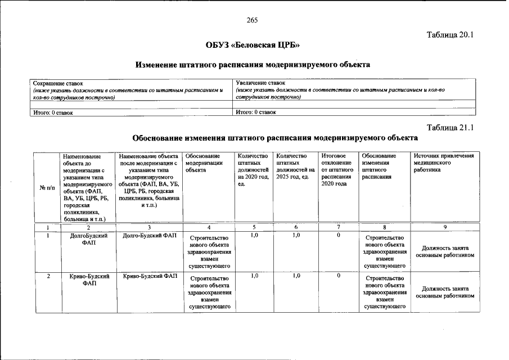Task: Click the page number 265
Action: tap(251, 20)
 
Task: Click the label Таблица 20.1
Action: tap(451, 34)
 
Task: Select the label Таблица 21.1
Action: tap(451, 127)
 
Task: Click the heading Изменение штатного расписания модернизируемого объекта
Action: tap(253, 65)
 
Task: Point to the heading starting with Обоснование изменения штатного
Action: tap(274, 137)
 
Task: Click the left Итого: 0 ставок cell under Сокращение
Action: tap(53, 112)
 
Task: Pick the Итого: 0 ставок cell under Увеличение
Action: tap(256, 112)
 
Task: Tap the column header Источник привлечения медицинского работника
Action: tap(444, 163)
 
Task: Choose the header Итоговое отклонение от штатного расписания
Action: tap(337, 169)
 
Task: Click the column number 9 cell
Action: tap(444, 227)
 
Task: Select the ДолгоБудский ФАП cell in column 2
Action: tap(88, 239)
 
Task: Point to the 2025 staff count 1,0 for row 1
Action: tap(296, 235)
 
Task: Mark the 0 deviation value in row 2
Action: tap(339, 276)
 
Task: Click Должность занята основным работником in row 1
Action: tap(445, 251)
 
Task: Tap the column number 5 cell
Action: tap(254, 227)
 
